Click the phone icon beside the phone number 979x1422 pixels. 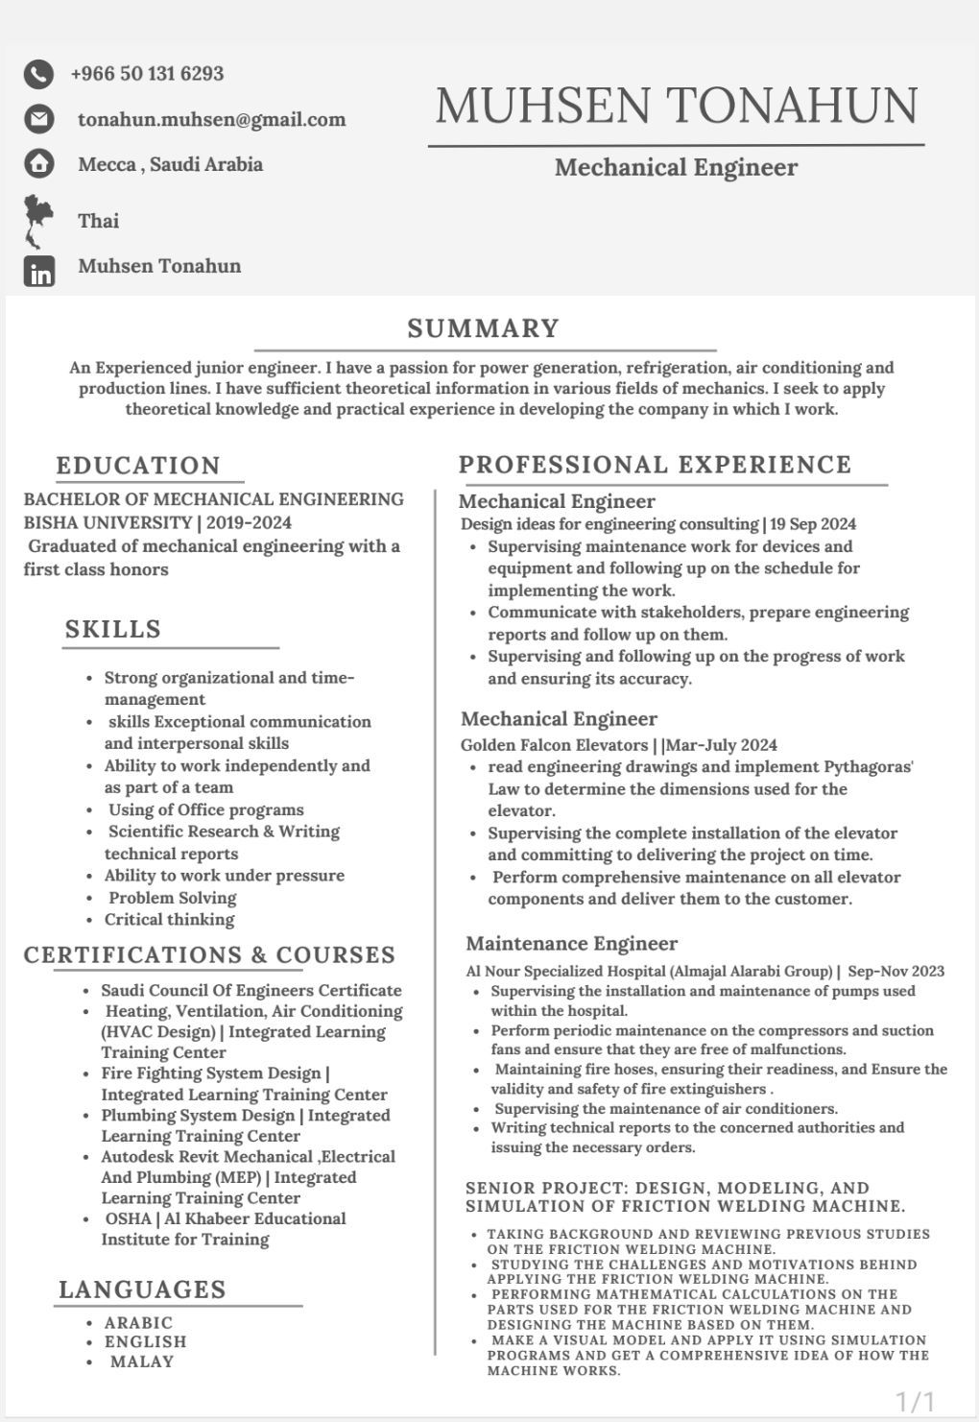click(x=38, y=74)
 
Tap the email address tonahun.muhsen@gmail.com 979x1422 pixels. click(x=211, y=120)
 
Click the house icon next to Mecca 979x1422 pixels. click(x=38, y=164)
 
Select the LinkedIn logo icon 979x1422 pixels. click(x=39, y=272)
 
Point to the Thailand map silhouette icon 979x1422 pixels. click(x=37, y=220)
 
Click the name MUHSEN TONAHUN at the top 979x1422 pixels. click(x=677, y=106)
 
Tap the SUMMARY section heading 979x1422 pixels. click(x=483, y=328)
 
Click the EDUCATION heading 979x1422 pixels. click(x=139, y=466)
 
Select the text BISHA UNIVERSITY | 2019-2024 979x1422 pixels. click(x=157, y=523)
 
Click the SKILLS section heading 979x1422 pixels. click(x=113, y=630)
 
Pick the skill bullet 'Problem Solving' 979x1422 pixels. click(x=172, y=898)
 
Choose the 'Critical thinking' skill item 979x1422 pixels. click(x=169, y=920)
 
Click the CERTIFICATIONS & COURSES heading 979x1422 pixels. click(x=209, y=955)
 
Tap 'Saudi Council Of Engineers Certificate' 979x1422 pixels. click(x=251, y=991)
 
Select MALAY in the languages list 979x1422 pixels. click(x=142, y=1362)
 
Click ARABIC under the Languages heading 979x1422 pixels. click(x=139, y=1323)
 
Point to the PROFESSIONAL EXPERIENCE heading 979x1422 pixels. click(x=655, y=465)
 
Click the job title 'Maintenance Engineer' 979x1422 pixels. click(x=572, y=944)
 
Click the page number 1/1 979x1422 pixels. click(x=915, y=1401)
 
